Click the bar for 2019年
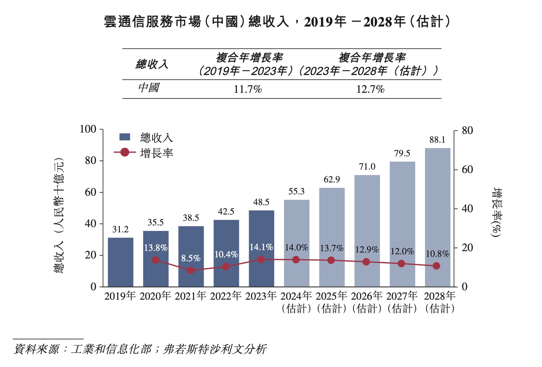pyautogui.click(x=120, y=262)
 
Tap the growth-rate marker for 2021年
pyautogui.click(x=191, y=270)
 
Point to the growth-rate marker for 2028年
pyautogui.click(x=436, y=266)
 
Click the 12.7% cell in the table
pyautogui.click(x=370, y=89)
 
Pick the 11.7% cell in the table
pyautogui.click(x=248, y=89)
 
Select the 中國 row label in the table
pyautogui.click(x=149, y=88)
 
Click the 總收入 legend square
pyautogui.click(x=125, y=137)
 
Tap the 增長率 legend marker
pyautogui.click(x=125, y=152)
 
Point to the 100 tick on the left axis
pyautogui.click(x=88, y=129)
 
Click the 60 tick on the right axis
pyautogui.click(x=467, y=170)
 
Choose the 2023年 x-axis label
pyautogui.click(x=261, y=296)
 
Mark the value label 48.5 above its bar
pyautogui.click(x=261, y=202)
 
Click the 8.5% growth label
pyautogui.click(x=191, y=259)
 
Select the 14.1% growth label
pyautogui.click(x=261, y=247)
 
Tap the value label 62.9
pyautogui.click(x=331, y=180)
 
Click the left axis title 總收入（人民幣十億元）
pyautogui.click(x=59, y=216)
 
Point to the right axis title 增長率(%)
pyautogui.click(x=496, y=213)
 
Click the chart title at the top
pyautogui.click(x=277, y=22)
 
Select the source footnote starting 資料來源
pyautogui.click(x=140, y=349)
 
